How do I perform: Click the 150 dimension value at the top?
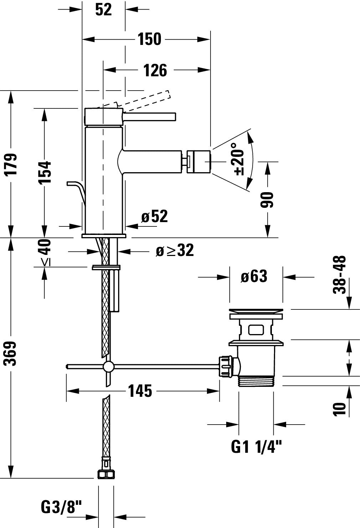tap(150, 39)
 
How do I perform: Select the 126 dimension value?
tap(155, 70)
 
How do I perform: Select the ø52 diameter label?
tap(154, 216)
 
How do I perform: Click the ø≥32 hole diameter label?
tap(175, 251)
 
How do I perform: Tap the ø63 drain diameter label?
tap(254, 276)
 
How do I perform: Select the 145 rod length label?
tap(140, 391)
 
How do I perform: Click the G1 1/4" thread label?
tap(257, 447)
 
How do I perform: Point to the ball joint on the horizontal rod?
tap(108, 366)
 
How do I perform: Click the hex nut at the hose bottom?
tap(106, 474)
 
